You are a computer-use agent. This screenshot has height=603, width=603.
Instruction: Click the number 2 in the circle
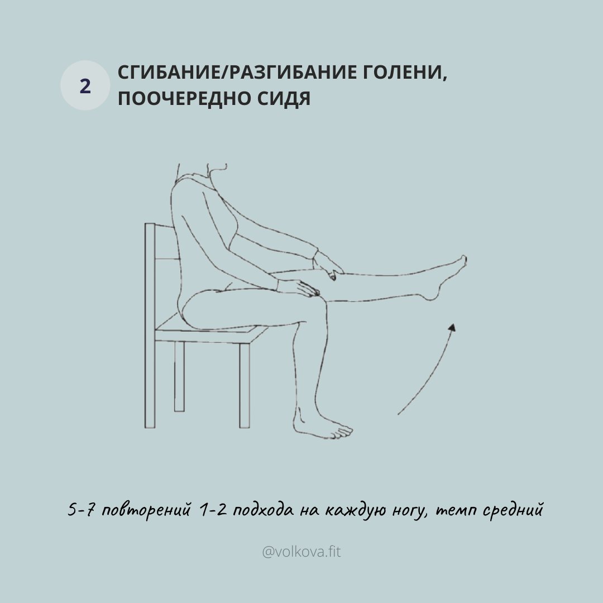(85, 86)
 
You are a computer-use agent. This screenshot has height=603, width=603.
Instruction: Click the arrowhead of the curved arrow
(452, 328)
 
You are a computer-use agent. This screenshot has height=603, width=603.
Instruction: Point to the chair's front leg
(244, 385)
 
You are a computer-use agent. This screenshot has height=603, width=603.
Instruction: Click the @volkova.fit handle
(301, 552)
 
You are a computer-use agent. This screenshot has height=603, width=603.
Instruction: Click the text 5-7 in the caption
(80, 510)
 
